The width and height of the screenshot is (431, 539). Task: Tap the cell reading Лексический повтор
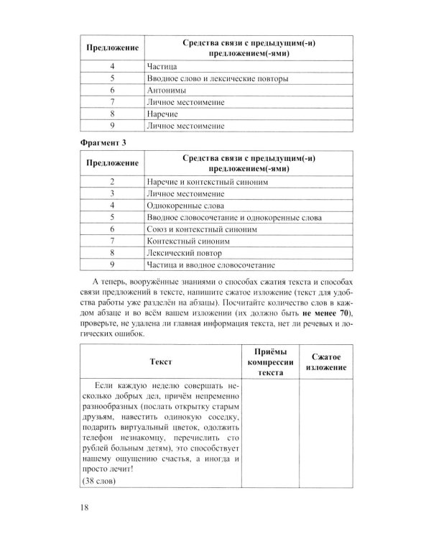(x=180, y=253)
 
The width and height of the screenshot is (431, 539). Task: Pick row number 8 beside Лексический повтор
(x=113, y=253)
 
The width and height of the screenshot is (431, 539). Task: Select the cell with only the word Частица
(x=162, y=67)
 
